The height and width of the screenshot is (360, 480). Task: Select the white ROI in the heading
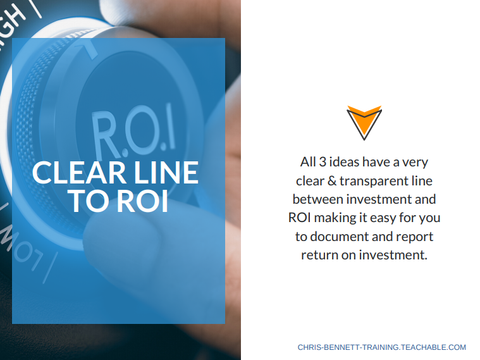pos(142,201)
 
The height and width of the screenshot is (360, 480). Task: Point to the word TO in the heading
pos(90,201)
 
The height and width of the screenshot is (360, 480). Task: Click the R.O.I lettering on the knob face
pos(134,132)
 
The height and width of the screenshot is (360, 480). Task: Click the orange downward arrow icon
pos(364,123)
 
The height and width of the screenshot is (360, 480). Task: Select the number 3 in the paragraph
pos(323,162)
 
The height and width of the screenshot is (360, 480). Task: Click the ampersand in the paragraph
pos(332,181)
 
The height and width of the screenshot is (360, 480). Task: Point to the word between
pos(317,199)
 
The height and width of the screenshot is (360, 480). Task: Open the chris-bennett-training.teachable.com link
pos(382,347)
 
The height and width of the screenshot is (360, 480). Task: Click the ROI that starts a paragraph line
pos(300,218)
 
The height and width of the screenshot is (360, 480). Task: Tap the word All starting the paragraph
pos(308,162)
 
